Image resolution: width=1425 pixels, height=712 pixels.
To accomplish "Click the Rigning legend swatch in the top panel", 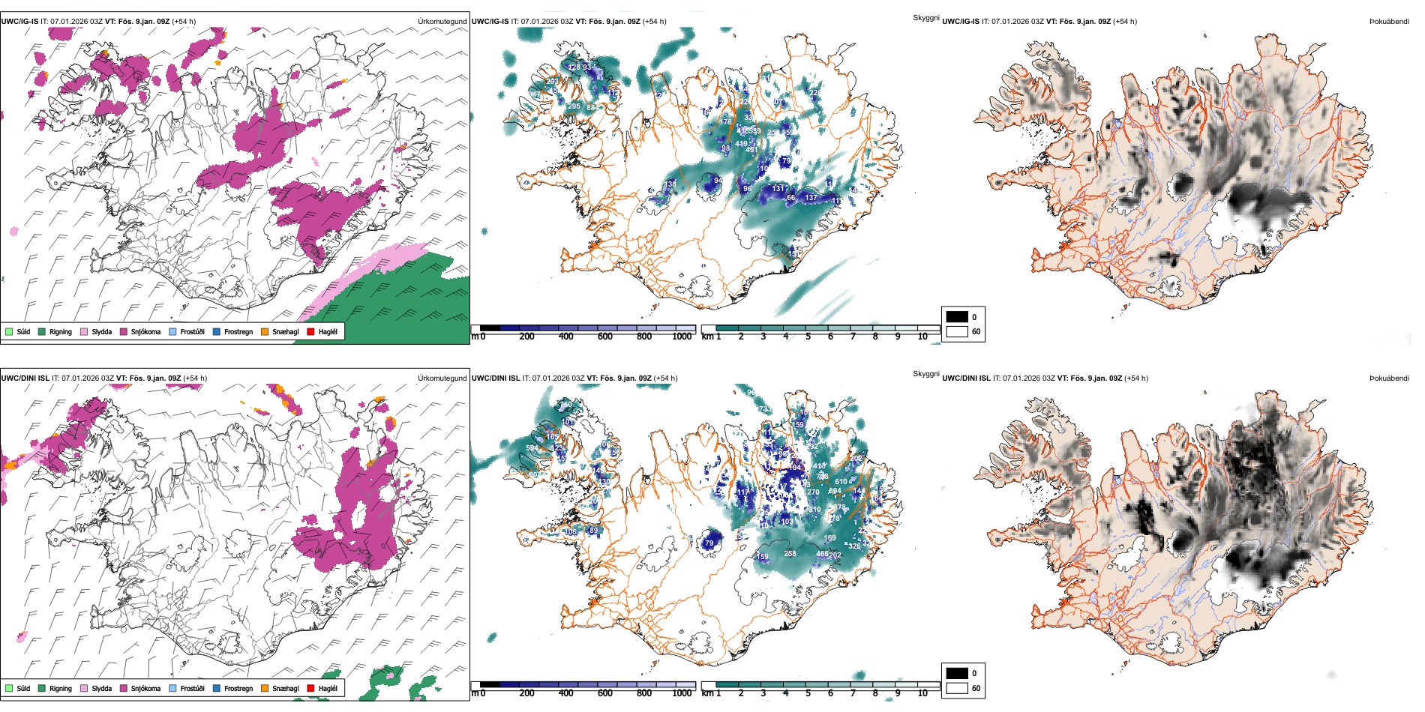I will (42, 331).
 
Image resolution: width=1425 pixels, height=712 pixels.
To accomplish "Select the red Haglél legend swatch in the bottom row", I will (310, 688).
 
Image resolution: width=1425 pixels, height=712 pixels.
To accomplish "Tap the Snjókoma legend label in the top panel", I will (145, 331).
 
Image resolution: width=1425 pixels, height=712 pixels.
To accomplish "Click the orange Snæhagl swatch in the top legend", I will (265, 331).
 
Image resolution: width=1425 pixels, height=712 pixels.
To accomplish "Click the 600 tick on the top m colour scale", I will (604, 337).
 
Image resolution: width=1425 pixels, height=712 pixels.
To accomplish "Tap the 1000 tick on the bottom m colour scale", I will (682, 693).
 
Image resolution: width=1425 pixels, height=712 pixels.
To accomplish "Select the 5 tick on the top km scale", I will (808, 337).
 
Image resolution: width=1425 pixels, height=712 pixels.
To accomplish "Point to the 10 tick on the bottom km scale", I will (922, 693).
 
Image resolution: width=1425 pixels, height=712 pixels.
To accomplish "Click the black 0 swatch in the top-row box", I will (957, 317).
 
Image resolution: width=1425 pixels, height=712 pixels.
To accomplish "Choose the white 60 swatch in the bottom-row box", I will (957, 688).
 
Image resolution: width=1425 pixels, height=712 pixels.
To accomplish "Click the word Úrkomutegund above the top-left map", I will (442, 22).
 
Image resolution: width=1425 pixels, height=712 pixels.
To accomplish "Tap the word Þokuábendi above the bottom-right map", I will (1389, 378).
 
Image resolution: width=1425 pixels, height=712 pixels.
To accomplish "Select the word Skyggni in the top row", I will (925, 18).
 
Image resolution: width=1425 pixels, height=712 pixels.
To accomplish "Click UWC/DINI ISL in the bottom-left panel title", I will (25, 378).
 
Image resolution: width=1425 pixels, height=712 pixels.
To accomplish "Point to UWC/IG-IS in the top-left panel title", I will (19, 22).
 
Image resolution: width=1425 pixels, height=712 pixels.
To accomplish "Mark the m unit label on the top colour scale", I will (475, 337).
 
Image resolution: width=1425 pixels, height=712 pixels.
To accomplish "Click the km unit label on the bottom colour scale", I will (707, 693).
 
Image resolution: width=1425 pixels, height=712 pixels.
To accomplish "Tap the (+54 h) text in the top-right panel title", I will (1124, 22).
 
